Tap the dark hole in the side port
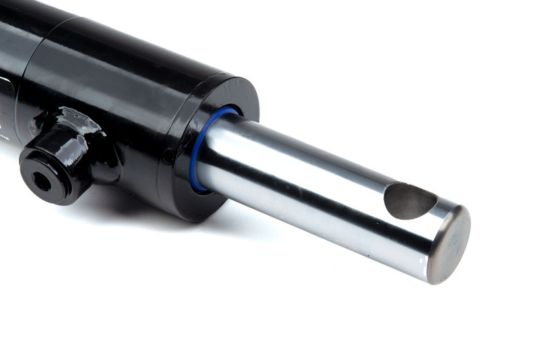click(x=41, y=181)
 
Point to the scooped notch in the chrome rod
click(x=409, y=201)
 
